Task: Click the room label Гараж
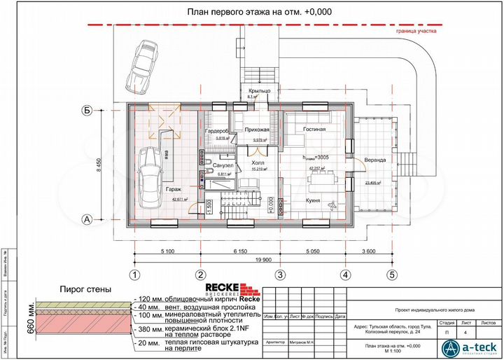tap(174, 189)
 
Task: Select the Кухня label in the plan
tap(312, 201)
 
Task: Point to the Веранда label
tap(375, 160)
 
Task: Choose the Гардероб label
tap(217, 131)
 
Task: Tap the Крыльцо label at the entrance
tap(259, 92)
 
